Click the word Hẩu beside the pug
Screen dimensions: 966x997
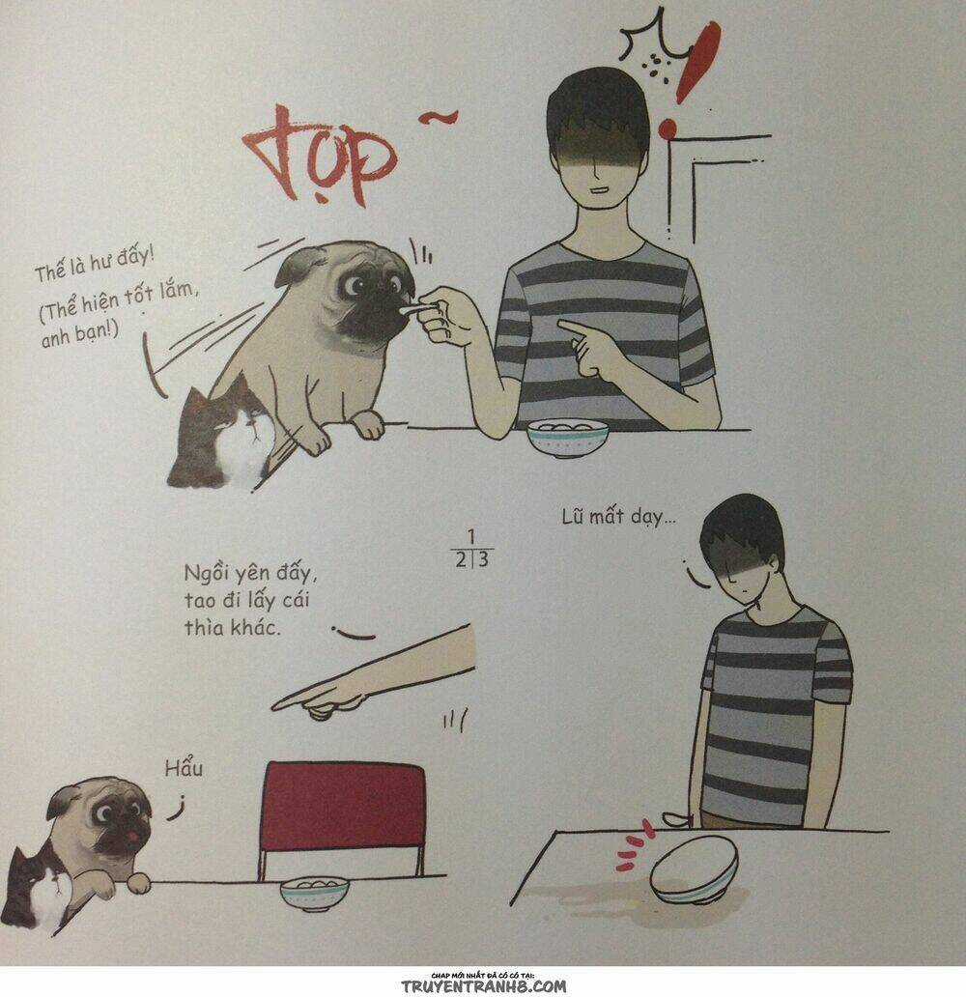click(184, 769)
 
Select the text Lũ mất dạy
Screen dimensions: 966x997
click(618, 518)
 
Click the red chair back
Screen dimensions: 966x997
click(342, 807)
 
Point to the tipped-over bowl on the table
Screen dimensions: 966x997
click(695, 869)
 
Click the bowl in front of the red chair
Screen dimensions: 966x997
click(314, 893)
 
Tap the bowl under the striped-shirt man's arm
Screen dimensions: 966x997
click(567, 438)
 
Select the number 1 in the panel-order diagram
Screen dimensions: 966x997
click(471, 536)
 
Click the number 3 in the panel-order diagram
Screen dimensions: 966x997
click(483, 560)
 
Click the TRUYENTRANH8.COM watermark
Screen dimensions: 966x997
click(483, 986)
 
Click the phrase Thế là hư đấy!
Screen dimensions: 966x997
click(94, 265)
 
